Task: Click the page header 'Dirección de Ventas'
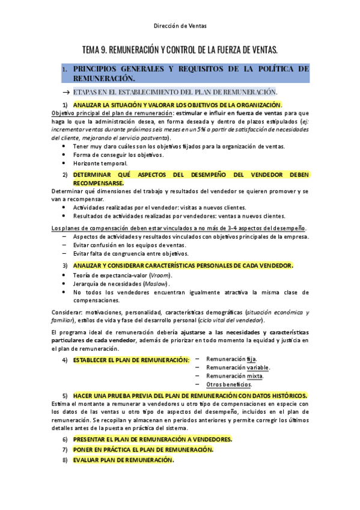point(179,26)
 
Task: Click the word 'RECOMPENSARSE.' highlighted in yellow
point(99,183)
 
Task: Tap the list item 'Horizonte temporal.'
point(100,163)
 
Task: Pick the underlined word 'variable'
point(258,367)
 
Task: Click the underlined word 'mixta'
point(254,375)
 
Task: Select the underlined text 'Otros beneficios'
point(228,384)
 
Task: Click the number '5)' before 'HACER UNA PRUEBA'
point(65,396)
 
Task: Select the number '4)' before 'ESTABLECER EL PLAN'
point(65,360)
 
